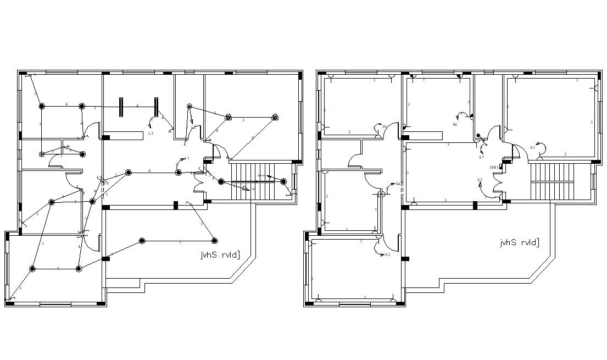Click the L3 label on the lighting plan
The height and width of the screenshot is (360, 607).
tap(151, 133)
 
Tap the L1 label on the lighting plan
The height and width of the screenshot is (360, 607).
tap(187, 158)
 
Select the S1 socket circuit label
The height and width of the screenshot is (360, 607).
tap(532, 147)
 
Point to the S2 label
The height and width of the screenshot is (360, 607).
tap(480, 180)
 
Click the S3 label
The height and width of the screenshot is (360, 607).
tap(387, 254)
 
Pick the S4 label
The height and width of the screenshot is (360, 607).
tap(397, 184)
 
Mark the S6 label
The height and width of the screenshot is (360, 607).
tap(454, 125)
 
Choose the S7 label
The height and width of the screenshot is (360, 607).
tap(481, 157)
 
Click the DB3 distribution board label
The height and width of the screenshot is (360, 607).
tap(494, 167)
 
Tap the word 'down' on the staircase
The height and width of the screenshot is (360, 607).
tap(261, 176)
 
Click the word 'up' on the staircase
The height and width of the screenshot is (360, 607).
tap(253, 189)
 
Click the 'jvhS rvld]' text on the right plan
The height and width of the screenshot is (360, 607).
tap(519, 243)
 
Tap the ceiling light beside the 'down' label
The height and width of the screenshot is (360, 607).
tap(283, 181)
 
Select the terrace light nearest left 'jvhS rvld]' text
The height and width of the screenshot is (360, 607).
tap(214, 241)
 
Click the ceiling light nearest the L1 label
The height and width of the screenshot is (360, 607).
tap(178, 173)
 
